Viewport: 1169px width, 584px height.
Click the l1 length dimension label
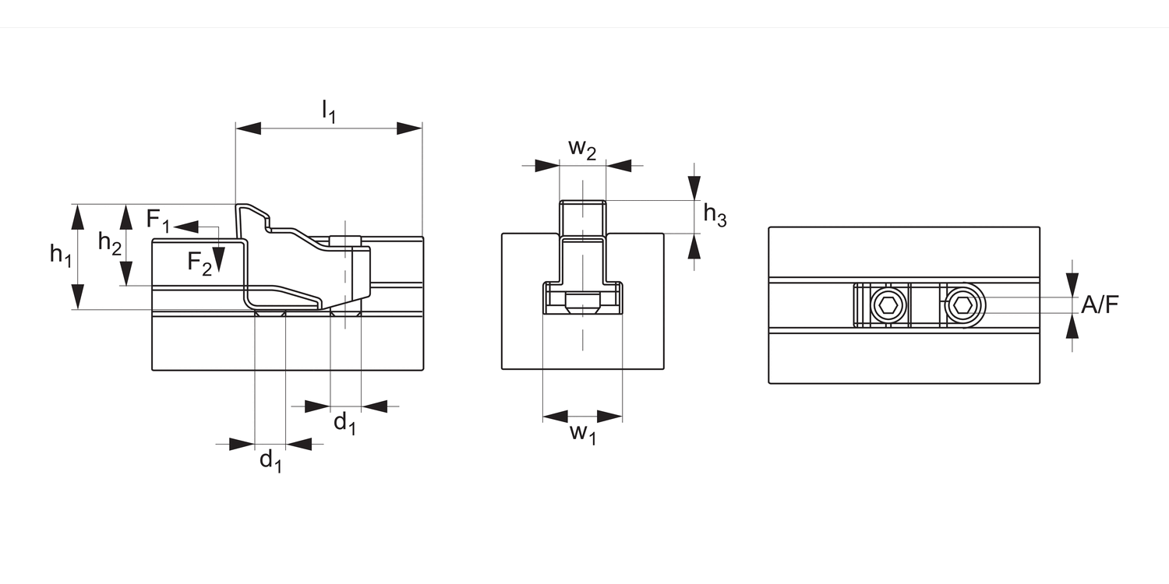328,112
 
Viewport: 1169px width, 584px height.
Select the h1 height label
60,254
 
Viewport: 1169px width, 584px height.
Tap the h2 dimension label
110,243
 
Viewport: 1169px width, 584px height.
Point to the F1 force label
158,220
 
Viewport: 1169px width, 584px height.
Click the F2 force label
199,263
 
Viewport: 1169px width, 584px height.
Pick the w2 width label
582,149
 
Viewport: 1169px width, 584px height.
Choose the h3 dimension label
715,216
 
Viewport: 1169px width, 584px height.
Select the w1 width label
582,434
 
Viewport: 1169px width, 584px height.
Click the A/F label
1100,304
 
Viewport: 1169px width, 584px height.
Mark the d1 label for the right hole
345,424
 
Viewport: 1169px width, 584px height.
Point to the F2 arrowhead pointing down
220,259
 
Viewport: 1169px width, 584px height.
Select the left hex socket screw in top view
888,306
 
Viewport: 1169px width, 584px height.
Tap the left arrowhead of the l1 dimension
248,128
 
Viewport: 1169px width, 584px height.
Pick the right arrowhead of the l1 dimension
409,128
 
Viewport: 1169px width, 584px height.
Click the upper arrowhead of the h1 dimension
76,216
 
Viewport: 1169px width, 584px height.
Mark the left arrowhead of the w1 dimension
556,416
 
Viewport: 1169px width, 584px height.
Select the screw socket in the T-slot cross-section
582,304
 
